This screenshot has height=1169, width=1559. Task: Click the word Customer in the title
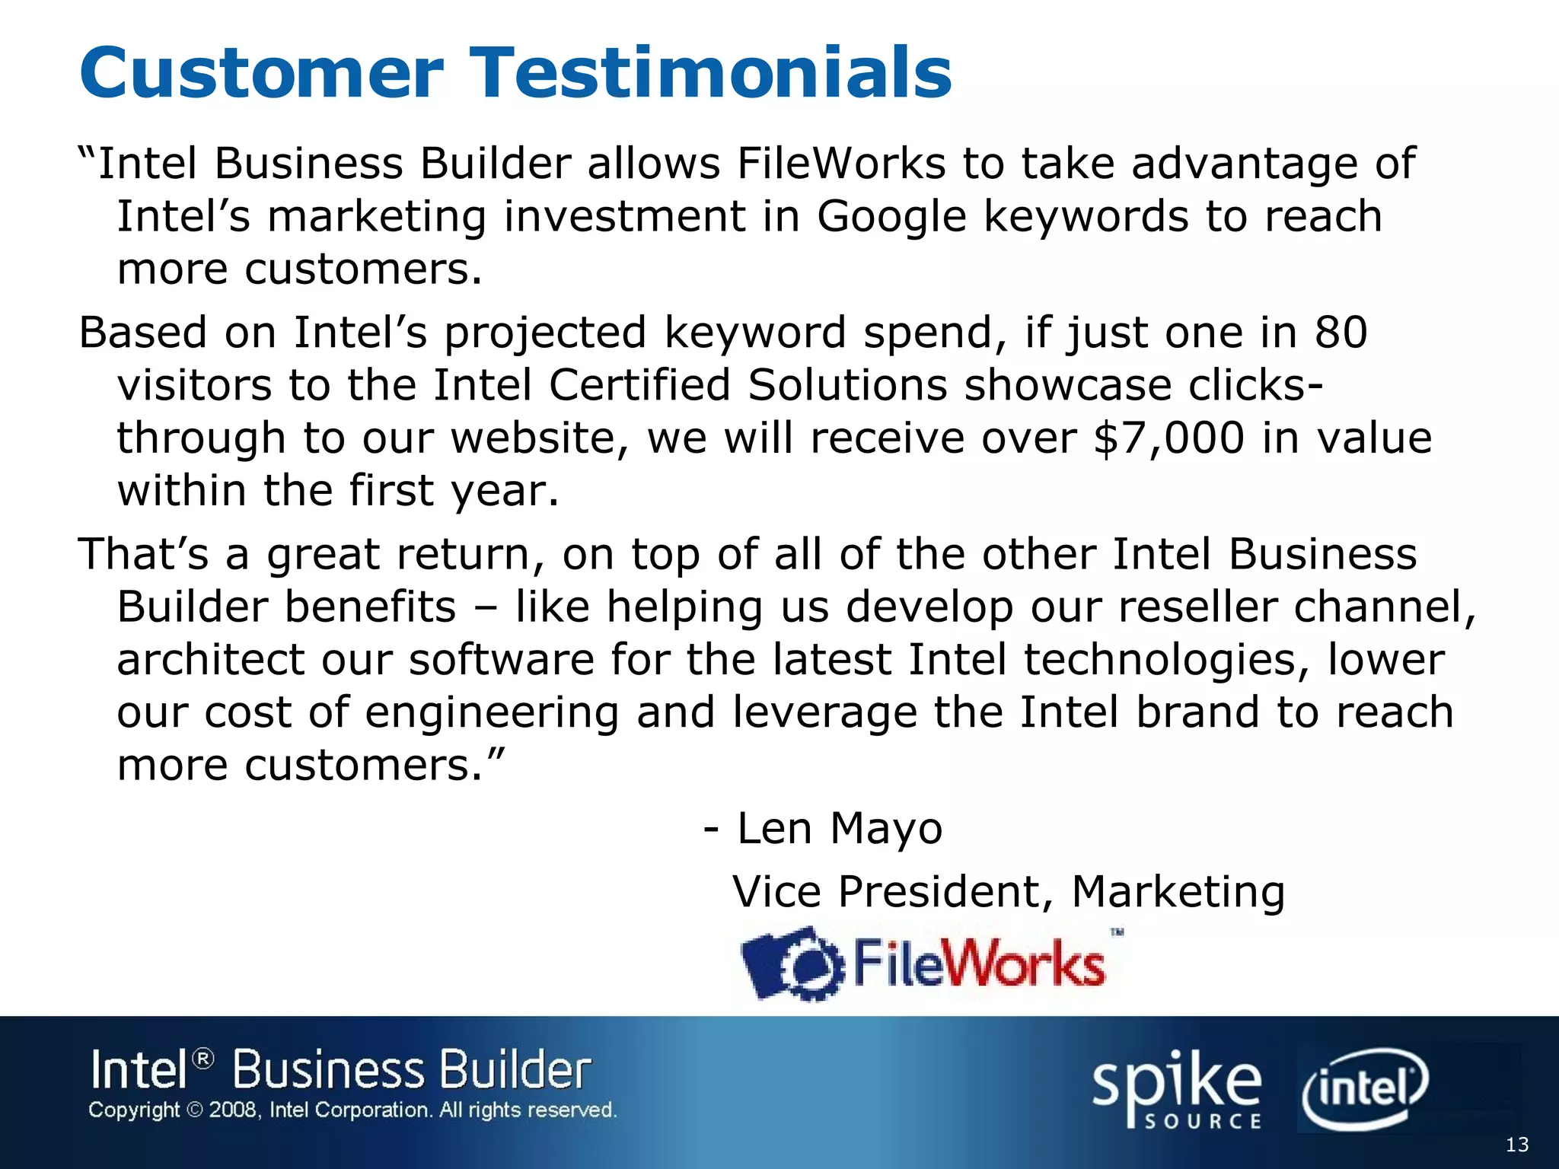point(261,73)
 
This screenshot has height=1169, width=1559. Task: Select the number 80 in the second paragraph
point(1341,333)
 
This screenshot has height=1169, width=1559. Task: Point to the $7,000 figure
point(1168,438)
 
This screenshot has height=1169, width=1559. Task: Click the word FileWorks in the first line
point(841,164)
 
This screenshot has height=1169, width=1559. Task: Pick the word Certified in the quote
point(639,385)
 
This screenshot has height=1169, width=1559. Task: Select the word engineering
point(492,713)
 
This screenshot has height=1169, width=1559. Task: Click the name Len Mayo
point(840,828)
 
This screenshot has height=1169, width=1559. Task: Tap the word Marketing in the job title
point(1178,891)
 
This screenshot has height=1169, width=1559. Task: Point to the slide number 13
point(1517,1145)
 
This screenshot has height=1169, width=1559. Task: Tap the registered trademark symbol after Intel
point(203,1059)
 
